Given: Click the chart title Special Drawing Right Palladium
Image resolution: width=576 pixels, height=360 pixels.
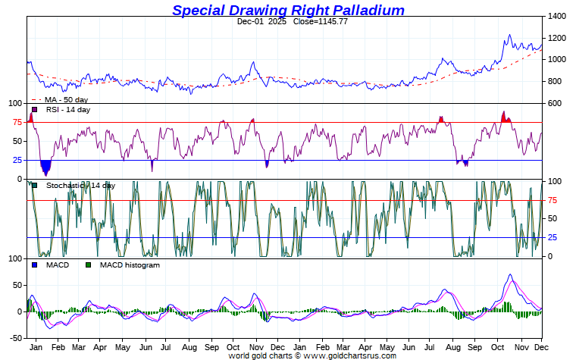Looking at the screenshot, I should pyautogui.click(x=288, y=10).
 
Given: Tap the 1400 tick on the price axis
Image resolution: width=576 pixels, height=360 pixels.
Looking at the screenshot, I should pyautogui.click(x=557, y=16).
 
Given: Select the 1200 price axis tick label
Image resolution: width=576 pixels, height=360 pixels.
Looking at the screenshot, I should pyautogui.click(x=557, y=38).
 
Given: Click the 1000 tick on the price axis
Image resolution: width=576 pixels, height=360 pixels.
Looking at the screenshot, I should pyautogui.click(x=557, y=60).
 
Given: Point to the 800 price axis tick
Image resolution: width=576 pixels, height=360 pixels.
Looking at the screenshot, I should pyautogui.click(x=555, y=82).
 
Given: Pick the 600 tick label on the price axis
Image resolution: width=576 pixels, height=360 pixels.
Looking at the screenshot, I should pyautogui.click(x=555, y=104).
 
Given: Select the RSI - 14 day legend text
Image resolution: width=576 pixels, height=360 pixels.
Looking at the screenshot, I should pyautogui.click(x=67, y=110).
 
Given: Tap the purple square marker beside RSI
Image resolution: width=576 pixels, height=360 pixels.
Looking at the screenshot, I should pyautogui.click(x=34, y=110).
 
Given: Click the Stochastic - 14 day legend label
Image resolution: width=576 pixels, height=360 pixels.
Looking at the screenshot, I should pyautogui.click(x=80, y=185).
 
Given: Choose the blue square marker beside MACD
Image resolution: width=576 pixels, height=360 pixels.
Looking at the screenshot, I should pyautogui.click(x=34, y=265).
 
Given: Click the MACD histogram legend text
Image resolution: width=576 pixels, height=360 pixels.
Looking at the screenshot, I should pyautogui.click(x=130, y=265).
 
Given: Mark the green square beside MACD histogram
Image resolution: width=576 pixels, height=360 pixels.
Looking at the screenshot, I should pyautogui.click(x=88, y=265).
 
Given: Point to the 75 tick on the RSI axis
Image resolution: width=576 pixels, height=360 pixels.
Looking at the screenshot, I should pyautogui.click(x=16, y=122).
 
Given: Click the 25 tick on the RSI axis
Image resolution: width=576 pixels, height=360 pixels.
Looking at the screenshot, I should pyautogui.click(x=16, y=160).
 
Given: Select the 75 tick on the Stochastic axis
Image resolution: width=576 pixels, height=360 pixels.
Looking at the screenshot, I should pyautogui.click(x=553, y=200).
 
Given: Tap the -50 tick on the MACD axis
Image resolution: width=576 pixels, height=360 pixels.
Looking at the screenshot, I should pyautogui.click(x=14, y=338).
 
